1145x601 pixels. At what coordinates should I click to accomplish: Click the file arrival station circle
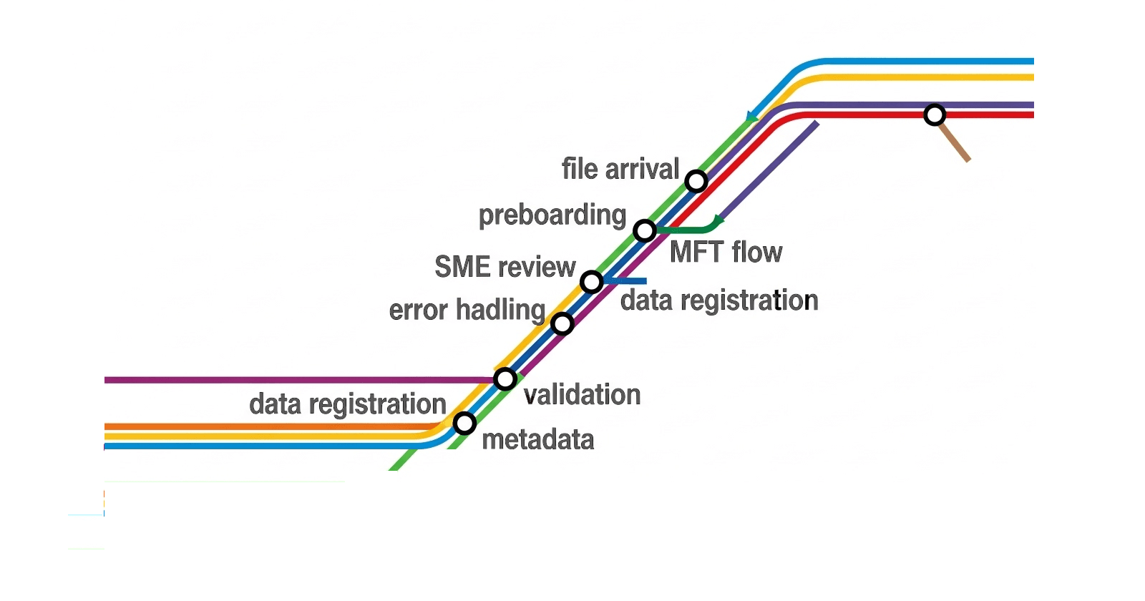pyautogui.click(x=696, y=181)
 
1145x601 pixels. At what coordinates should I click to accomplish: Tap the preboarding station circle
pyautogui.click(x=645, y=231)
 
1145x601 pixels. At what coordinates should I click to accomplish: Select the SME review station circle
pyautogui.click(x=592, y=282)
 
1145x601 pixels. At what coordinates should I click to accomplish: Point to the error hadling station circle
pyautogui.click(x=562, y=324)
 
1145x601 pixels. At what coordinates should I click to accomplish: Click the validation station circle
pyautogui.click(x=505, y=378)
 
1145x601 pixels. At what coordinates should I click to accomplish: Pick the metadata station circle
pyautogui.click(x=464, y=424)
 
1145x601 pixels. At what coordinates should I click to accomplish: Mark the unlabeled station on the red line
pyautogui.click(x=935, y=114)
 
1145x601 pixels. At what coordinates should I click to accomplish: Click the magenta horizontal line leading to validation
pyautogui.click(x=286, y=380)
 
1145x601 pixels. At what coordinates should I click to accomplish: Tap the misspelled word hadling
pyautogui.click(x=500, y=311)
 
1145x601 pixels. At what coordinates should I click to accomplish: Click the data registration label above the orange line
pyautogui.click(x=348, y=404)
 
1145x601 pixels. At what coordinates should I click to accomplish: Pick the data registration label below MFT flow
pyautogui.click(x=719, y=300)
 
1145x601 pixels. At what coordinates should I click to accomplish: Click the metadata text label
pyautogui.click(x=538, y=439)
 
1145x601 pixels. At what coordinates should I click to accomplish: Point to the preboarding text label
pyautogui.click(x=552, y=215)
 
